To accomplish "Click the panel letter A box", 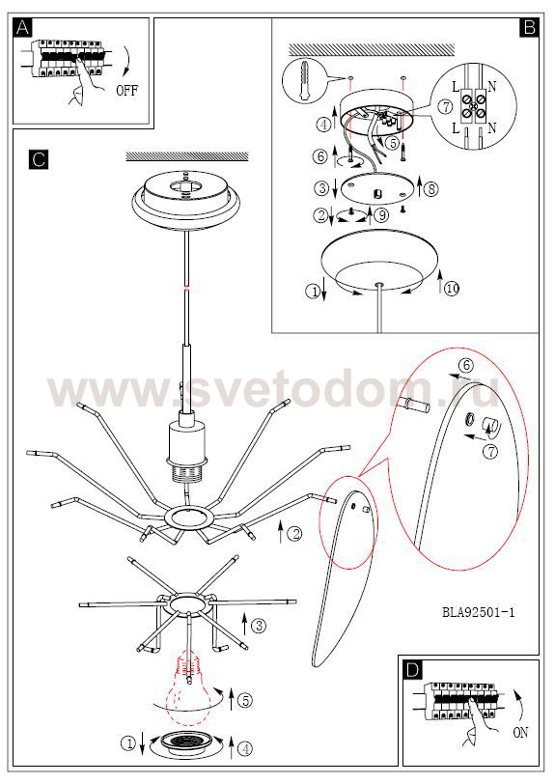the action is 22,27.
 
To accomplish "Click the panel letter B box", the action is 530,27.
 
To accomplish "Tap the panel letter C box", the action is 39,159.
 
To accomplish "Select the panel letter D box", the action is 412,669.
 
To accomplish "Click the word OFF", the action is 126,91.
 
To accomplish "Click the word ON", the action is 520,733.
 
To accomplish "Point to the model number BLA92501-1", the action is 479,612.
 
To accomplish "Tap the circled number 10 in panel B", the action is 452,289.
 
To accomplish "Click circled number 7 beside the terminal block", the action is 446,106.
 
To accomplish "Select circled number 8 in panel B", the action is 432,189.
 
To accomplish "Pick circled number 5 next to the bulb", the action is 245,701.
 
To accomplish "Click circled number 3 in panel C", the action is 259,625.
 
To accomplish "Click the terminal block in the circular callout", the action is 474,105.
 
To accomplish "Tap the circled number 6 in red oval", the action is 466,366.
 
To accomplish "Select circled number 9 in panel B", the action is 381,215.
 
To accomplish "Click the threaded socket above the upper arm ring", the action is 185,471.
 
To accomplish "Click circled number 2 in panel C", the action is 295,534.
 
